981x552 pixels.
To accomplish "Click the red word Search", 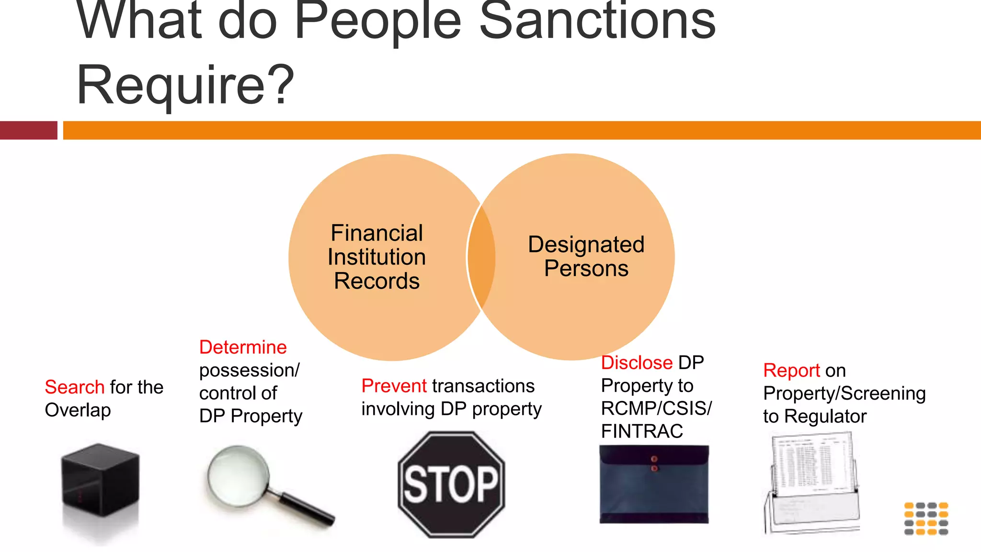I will point(74,387).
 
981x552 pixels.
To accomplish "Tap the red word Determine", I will point(243,347).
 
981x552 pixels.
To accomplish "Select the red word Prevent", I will point(394,386).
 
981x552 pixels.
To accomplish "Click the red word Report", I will point(791,371).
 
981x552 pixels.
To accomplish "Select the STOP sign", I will point(451,484).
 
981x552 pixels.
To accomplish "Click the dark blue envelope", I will point(654,484).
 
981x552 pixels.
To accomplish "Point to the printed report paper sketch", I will point(811,482).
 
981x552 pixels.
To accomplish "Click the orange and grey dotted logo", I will point(926,518).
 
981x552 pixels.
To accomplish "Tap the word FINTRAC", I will point(642,432).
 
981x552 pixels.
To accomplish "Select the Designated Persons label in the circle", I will point(586,256).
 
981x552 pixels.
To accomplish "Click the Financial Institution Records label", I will point(376,257).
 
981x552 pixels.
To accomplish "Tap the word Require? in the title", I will point(185,85).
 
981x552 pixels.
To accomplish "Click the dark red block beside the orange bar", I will point(29,130).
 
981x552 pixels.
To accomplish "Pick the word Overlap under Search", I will point(78,411).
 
